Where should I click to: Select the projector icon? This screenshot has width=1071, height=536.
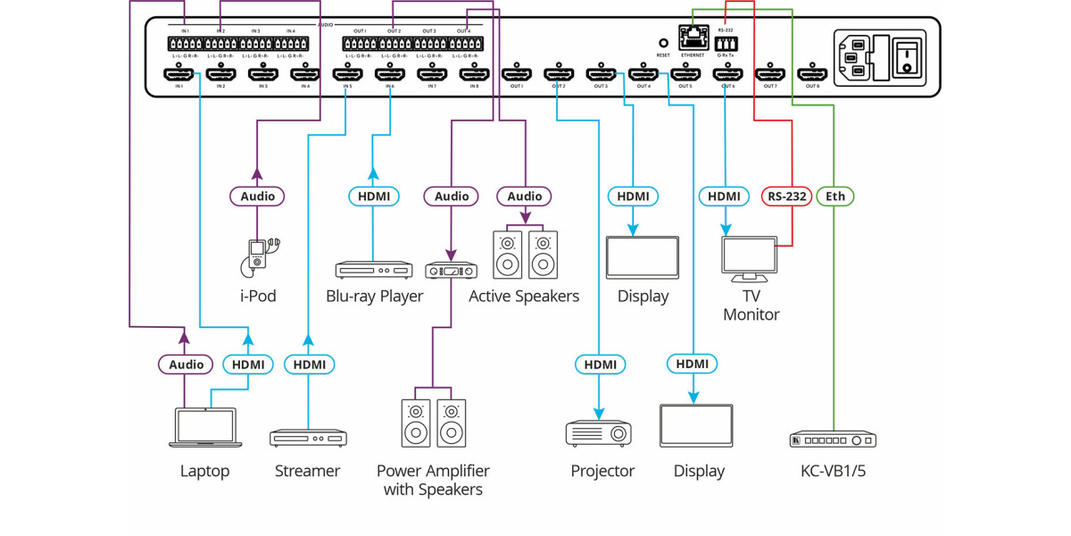[x=599, y=433]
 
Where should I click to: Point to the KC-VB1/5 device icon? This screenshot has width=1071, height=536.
[x=833, y=440]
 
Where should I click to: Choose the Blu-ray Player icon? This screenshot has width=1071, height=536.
[x=374, y=269]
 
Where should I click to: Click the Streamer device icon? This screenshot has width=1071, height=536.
[x=308, y=438]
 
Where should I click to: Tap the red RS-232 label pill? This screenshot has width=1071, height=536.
[x=786, y=196]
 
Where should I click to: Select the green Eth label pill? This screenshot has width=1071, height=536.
[x=834, y=196]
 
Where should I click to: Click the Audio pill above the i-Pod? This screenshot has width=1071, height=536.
[x=258, y=196]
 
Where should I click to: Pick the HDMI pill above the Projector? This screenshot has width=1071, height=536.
[x=601, y=364]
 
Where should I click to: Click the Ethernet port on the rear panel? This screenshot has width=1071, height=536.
[x=692, y=39]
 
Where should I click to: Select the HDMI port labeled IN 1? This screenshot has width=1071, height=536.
[x=178, y=75]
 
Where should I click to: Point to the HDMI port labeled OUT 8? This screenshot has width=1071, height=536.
[x=811, y=75]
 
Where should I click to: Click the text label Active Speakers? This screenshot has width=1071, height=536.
[x=524, y=297]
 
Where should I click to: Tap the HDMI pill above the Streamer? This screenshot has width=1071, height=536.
[x=309, y=364]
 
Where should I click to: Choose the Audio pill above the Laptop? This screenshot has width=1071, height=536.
[x=186, y=364]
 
